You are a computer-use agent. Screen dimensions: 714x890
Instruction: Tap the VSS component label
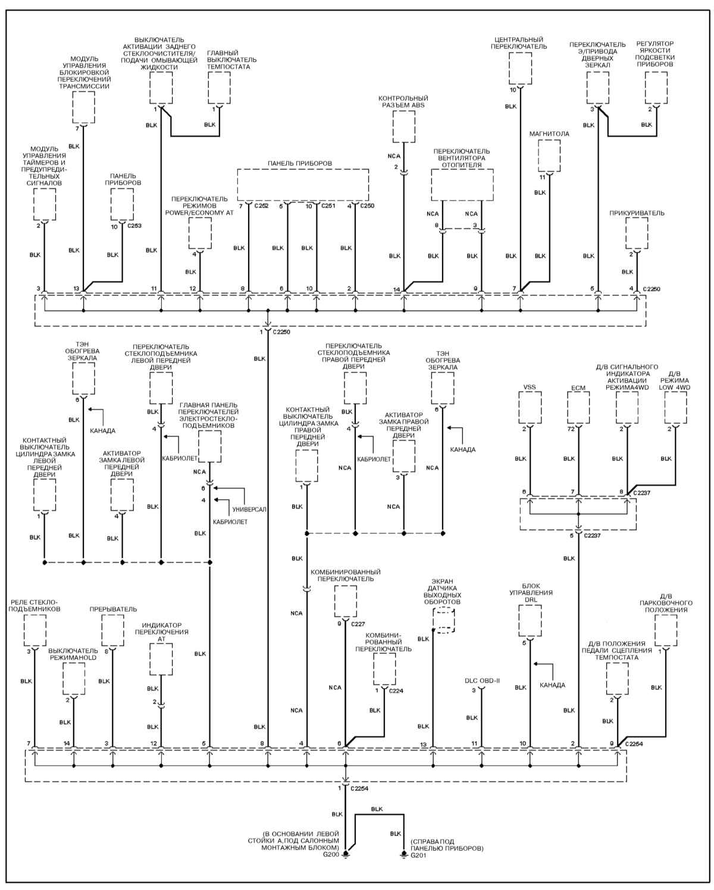click(530, 387)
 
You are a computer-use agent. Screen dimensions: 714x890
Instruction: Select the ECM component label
click(578, 388)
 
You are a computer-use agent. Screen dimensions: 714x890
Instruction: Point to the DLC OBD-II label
click(482, 680)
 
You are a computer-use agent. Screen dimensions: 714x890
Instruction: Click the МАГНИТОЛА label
click(549, 134)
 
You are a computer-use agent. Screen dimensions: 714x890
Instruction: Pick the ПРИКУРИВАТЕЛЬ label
click(637, 213)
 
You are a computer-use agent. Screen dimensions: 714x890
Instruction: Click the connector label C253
click(134, 226)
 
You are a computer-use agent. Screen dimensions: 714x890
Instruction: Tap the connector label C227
click(358, 624)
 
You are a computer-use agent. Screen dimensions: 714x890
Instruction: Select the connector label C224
click(396, 691)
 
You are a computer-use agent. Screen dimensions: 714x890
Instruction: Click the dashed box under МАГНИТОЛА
click(549, 156)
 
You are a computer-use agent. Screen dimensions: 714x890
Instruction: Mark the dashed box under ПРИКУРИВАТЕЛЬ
click(637, 233)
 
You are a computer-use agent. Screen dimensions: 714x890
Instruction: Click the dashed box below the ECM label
click(578, 407)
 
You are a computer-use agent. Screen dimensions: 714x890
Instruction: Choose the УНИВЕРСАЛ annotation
click(249, 510)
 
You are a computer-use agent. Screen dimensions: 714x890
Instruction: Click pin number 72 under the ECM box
click(571, 429)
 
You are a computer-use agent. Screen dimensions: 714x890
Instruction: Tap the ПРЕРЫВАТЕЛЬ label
click(113, 609)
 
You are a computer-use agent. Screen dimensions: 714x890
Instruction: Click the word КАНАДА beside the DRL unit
click(552, 685)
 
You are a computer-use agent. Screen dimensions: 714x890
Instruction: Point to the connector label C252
click(262, 206)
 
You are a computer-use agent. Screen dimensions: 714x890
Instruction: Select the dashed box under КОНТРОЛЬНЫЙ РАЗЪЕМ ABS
click(403, 127)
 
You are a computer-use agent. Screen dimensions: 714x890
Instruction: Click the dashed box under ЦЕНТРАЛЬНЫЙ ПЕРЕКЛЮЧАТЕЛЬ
click(520, 68)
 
